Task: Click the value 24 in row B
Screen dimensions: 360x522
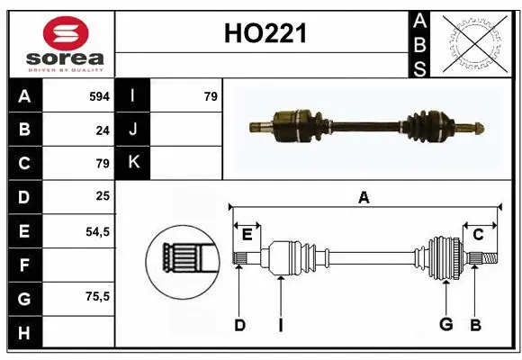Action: (x=102, y=130)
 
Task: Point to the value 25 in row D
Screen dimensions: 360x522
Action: (x=102, y=196)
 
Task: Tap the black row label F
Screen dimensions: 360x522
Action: (x=23, y=265)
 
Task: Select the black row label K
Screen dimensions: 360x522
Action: (x=133, y=163)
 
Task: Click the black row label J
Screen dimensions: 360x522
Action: (x=133, y=130)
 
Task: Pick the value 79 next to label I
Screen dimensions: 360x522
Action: (x=211, y=95)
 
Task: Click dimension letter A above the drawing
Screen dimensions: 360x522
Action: (x=364, y=198)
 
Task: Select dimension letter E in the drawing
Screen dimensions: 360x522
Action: (x=247, y=234)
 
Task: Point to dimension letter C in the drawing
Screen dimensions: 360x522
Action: (x=478, y=234)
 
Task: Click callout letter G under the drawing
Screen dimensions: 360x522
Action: (x=445, y=325)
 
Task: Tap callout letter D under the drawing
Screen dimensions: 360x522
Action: (x=239, y=325)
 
